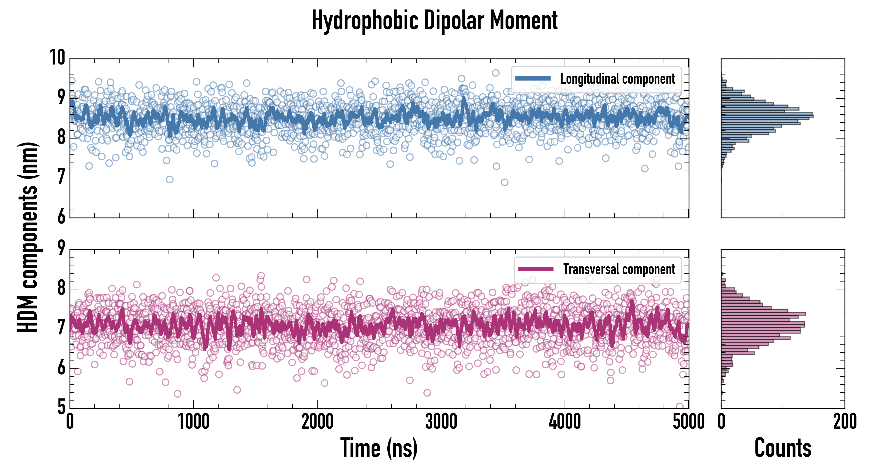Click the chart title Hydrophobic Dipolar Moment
(434, 21)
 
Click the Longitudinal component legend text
(617, 79)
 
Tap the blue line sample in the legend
(533, 79)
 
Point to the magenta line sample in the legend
(536, 269)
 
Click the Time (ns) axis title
(379, 448)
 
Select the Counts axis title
(783, 448)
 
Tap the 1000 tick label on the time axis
(194, 422)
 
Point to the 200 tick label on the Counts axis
(844, 422)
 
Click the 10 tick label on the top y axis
(57, 57)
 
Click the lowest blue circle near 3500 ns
(504, 182)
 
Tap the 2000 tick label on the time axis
(317, 422)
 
